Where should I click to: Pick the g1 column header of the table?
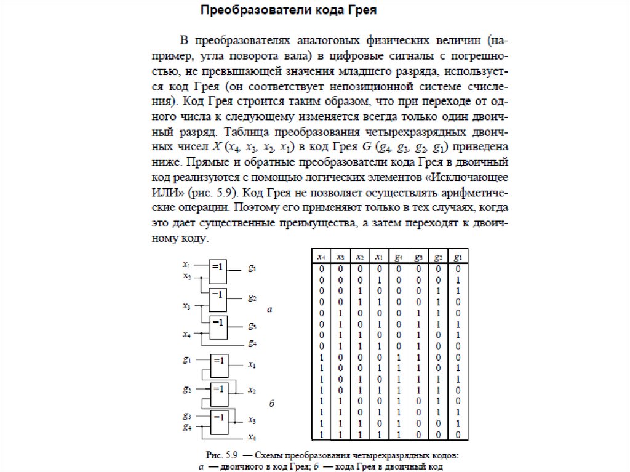[x=458, y=257]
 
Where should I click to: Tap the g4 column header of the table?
[x=399, y=257]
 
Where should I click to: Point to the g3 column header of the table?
[x=418, y=257]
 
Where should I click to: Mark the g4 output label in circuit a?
[x=252, y=343]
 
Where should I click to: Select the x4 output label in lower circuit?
[x=252, y=437]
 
